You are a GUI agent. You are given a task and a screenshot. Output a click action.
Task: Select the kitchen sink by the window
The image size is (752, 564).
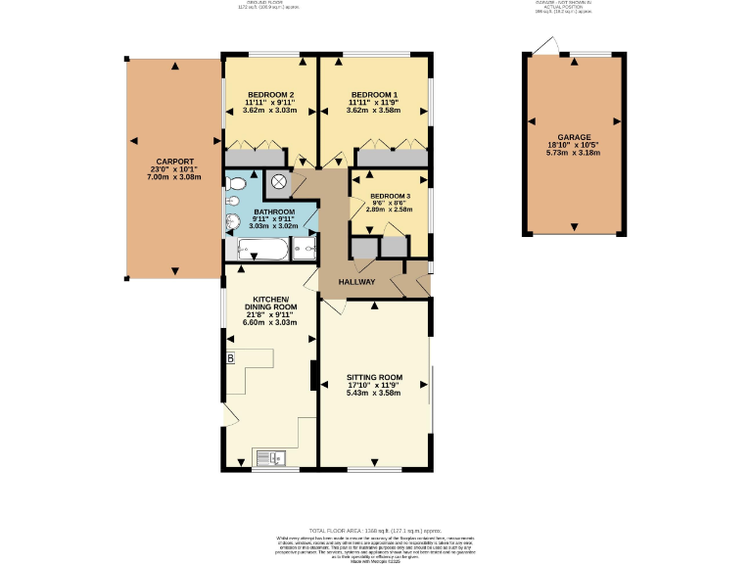(x=269, y=456)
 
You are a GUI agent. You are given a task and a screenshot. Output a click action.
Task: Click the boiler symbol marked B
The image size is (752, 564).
(x=230, y=358)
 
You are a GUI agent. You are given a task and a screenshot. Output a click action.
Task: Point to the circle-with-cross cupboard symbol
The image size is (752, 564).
(x=278, y=181)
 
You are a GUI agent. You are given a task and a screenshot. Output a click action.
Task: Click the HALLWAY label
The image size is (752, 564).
(x=357, y=282)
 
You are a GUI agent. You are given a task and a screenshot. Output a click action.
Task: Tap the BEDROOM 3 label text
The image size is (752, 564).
(x=390, y=196)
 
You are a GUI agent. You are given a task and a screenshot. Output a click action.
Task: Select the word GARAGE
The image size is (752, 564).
(x=573, y=138)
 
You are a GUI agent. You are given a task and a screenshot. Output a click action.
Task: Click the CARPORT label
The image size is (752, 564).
(x=174, y=162)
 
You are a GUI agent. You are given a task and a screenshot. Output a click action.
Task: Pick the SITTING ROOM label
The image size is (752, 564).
(x=374, y=377)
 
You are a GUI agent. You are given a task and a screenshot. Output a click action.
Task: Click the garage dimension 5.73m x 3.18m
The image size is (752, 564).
(x=573, y=153)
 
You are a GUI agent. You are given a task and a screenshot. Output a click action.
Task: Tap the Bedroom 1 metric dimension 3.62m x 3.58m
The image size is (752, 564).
(x=374, y=111)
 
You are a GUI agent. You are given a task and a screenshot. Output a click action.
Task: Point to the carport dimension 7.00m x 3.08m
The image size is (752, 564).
(x=174, y=177)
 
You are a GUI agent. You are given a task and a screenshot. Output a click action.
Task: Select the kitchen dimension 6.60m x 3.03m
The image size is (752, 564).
(x=269, y=321)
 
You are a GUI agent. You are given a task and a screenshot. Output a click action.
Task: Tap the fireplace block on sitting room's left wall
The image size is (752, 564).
(x=314, y=375)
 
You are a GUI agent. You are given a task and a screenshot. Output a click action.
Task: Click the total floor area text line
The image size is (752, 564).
(x=375, y=528)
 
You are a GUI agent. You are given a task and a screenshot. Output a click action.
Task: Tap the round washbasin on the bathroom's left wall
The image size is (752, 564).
(x=233, y=222)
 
